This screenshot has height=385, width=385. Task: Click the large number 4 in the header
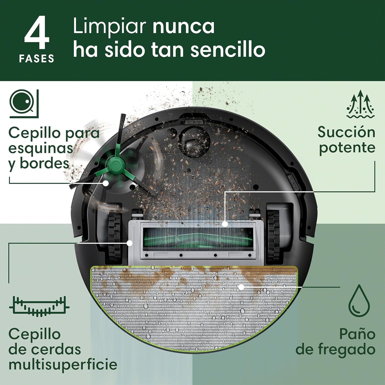[x=37, y=33]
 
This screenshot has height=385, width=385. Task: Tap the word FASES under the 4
[x=36, y=59]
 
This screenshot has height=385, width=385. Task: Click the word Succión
[x=346, y=132]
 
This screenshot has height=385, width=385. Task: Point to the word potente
[x=347, y=148]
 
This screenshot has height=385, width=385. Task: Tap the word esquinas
[x=41, y=148]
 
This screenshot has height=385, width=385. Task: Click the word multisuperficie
[x=63, y=364]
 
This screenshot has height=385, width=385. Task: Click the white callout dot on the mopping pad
[x=241, y=287]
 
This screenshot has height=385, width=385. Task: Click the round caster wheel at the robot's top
[x=195, y=141]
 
